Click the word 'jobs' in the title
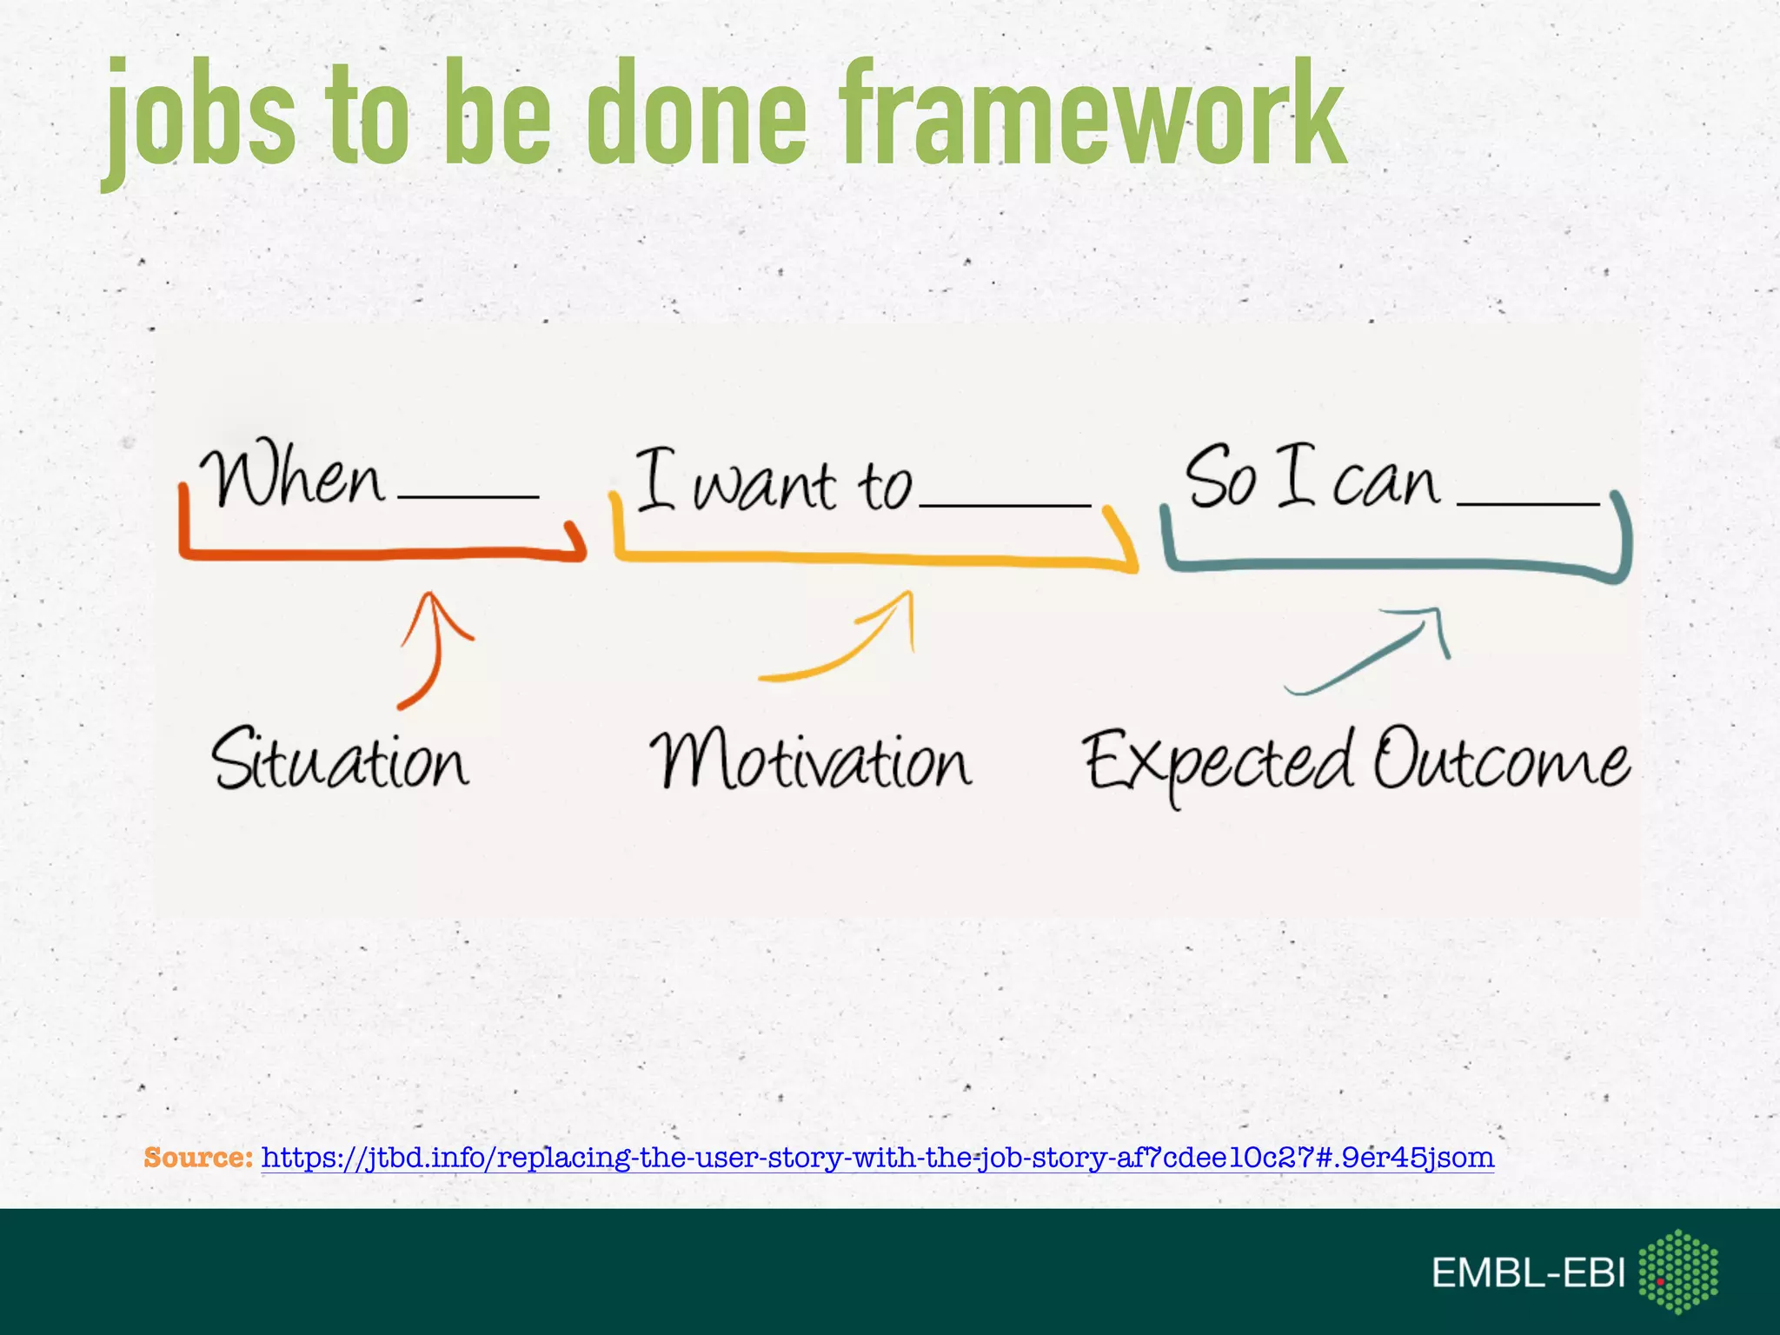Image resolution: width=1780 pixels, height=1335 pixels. pyautogui.click(x=200, y=117)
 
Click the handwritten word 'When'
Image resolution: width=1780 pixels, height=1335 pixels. pyautogui.click(x=292, y=477)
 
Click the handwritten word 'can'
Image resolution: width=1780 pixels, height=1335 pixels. pyautogui.click(x=1385, y=483)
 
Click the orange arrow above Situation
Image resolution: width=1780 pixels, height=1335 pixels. pyautogui.click(x=431, y=648)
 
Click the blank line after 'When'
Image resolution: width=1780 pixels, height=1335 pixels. pyautogui.click(x=468, y=496)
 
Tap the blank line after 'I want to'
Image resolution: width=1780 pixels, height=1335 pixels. pyautogui.click(x=1004, y=504)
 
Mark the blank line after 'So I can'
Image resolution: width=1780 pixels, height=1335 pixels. pyautogui.click(x=1528, y=502)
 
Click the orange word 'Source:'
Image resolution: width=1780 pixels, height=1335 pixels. pyautogui.click(x=198, y=1158)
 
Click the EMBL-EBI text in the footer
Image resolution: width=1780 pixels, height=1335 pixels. pyautogui.click(x=1527, y=1273)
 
